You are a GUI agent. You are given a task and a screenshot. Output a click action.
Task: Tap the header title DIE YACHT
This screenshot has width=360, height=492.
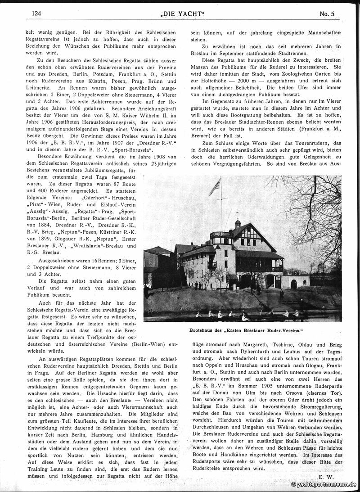pyautogui.click(x=179, y=14)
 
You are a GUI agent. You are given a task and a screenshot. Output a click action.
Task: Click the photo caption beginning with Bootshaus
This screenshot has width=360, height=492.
pyautogui.click(x=242, y=329)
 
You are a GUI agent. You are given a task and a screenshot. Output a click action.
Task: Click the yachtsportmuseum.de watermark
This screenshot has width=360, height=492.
pyautogui.click(x=324, y=484)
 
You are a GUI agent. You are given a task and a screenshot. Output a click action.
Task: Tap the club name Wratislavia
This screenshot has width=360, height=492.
pyautogui.click(x=89, y=246)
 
